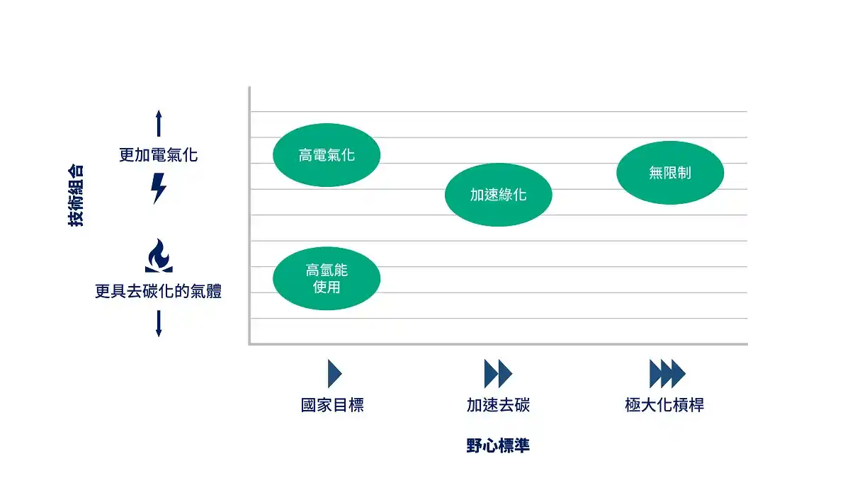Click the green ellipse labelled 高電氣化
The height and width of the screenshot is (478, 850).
pyautogui.click(x=327, y=155)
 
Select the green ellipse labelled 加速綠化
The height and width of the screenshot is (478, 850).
pyautogui.click(x=498, y=195)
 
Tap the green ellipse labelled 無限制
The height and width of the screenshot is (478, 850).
pyautogui.click(x=670, y=173)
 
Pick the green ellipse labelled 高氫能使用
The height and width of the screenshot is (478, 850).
pyautogui.click(x=327, y=278)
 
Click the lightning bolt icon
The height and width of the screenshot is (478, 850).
pyautogui.click(x=158, y=188)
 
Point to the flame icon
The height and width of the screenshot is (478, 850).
pyautogui.click(x=159, y=256)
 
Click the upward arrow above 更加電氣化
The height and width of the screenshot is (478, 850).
pyautogui.click(x=159, y=123)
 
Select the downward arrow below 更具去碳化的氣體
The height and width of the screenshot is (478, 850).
pyautogui.click(x=159, y=324)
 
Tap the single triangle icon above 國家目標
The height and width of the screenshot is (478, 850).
pyautogui.click(x=334, y=374)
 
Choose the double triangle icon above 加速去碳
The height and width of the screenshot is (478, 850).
pyautogui.click(x=498, y=374)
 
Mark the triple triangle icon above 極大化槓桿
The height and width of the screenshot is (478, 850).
pyautogui.click(x=667, y=374)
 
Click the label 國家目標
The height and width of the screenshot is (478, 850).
pyautogui.click(x=332, y=405)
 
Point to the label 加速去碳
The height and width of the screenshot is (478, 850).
pyautogui.click(x=498, y=405)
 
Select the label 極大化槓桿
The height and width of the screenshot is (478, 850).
pyautogui.click(x=664, y=405)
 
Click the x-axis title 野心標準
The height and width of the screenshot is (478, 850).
pyautogui.click(x=498, y=445)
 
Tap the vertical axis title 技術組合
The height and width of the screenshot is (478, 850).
pyautogui.click(x=76, y=195)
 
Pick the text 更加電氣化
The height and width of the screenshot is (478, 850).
pyautogui.click(x=158, y=155)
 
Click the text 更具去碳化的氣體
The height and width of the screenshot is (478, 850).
pyautogui.click(x=158, y=291)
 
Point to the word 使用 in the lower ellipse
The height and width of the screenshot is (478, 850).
pyautogui.click(x=327, y=287)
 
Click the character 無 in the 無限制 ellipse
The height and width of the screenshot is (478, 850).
pyautogui.click(x=656, y=173)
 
